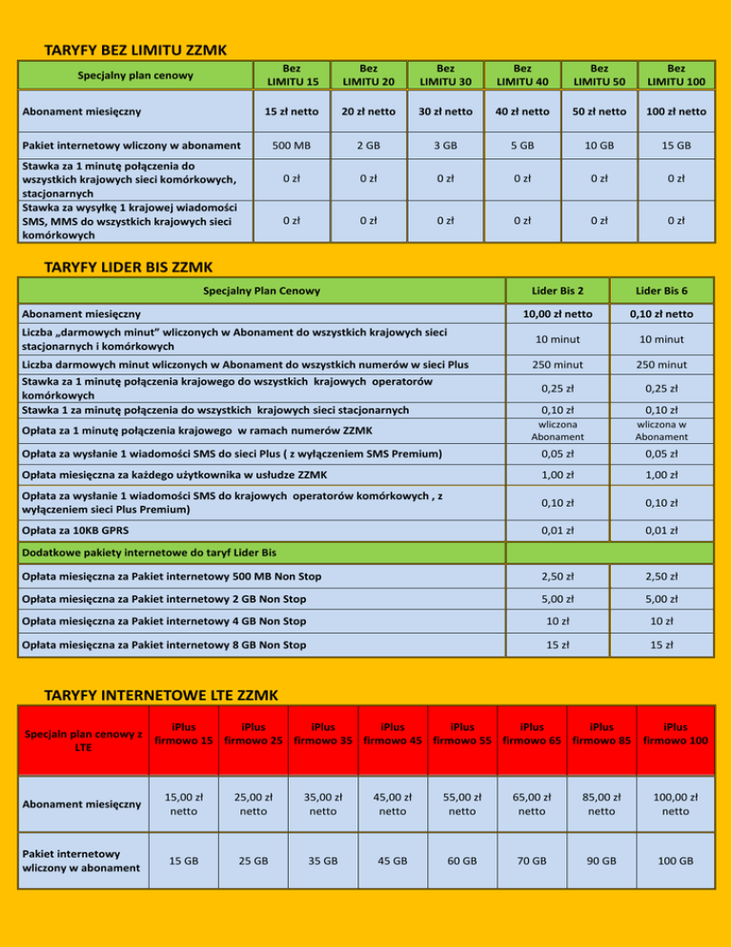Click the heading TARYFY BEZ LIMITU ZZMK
tap(141, 49)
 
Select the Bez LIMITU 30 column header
tap(445, 74)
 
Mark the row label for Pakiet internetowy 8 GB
tap(163, 645)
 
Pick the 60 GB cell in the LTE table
tap(461, 860)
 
